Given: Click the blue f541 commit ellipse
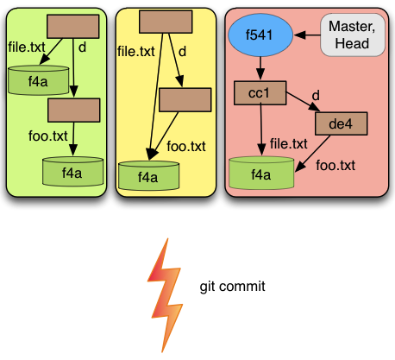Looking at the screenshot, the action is click(260, 35).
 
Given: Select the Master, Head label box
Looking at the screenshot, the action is click(353, 35).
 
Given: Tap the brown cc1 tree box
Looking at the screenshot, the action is click(260, 93).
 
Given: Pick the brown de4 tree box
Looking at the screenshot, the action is click(342, 123).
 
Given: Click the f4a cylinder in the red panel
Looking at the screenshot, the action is click(261, 174).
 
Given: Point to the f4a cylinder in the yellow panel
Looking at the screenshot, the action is click(149, 176).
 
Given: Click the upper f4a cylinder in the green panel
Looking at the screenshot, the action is click(39, 80).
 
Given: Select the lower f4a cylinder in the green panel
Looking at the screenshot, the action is click(72, 172).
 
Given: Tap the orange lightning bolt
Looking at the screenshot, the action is click(165, 295).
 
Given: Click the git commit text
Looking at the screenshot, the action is click(232, 287).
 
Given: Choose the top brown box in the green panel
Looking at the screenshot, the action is click(73, 27).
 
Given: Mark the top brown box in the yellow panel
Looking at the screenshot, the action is click(166, 22).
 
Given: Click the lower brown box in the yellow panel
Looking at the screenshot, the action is click(185, 100).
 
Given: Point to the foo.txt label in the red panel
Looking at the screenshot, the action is click(335, 166).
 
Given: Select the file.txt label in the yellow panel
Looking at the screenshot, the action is click(136, 52).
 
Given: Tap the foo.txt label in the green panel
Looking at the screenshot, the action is click(48, 136).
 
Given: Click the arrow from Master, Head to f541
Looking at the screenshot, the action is click(307, 35).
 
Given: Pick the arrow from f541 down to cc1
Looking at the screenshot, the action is click(260, 68).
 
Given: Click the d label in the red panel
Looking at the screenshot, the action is click(316, 95).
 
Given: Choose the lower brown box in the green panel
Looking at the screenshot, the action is click(74, 111).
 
